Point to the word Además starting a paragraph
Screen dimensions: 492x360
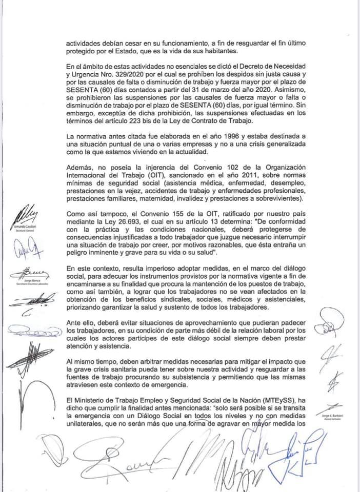[81, 168]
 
